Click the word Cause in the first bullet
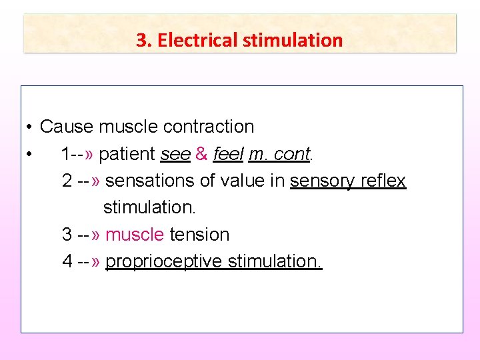pos(67,127)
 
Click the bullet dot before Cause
pos(31,127)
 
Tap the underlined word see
pos(175,154)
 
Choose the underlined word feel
pos(228,154)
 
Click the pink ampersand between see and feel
pos(201,154)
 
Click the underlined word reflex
pos(383,181)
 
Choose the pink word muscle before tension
pos(135,235)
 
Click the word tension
pos(199,235)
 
